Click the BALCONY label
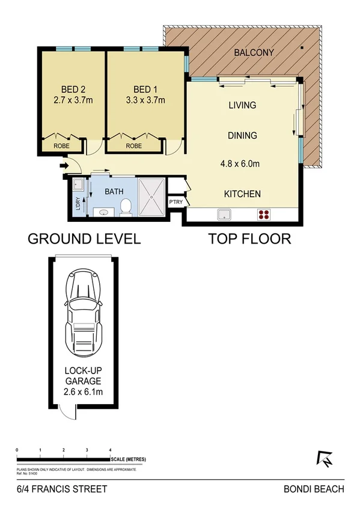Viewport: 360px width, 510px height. [x=254, y=53]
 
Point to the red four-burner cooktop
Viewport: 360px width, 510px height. [x=263, y=214]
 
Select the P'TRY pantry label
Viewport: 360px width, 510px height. [x=175, y=202]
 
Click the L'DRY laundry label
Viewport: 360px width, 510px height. [x=78, y=203]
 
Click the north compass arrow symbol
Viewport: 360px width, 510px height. [x=325, y=459]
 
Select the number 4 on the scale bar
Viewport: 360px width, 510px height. [x=111, y=450]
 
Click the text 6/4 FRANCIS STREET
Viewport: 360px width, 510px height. [x=53, y=489]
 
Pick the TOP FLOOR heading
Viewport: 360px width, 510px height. [x=249, y=239]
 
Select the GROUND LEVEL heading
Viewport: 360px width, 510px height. [x=84, y=239]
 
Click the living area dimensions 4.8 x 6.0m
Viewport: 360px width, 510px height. [x=242, y=162]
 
